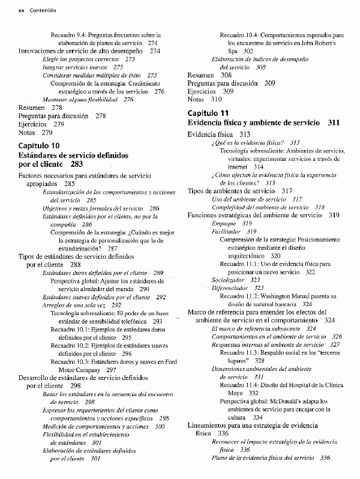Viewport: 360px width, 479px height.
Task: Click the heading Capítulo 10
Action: [x=39, y=146]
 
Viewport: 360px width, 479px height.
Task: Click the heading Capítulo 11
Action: [x=208, y=113]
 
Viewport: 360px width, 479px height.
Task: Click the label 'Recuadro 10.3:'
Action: [x=70, y=362]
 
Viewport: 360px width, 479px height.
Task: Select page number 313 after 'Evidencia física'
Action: [x=244, y=134]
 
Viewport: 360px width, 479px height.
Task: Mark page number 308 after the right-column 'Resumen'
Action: [x=226, y=75]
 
